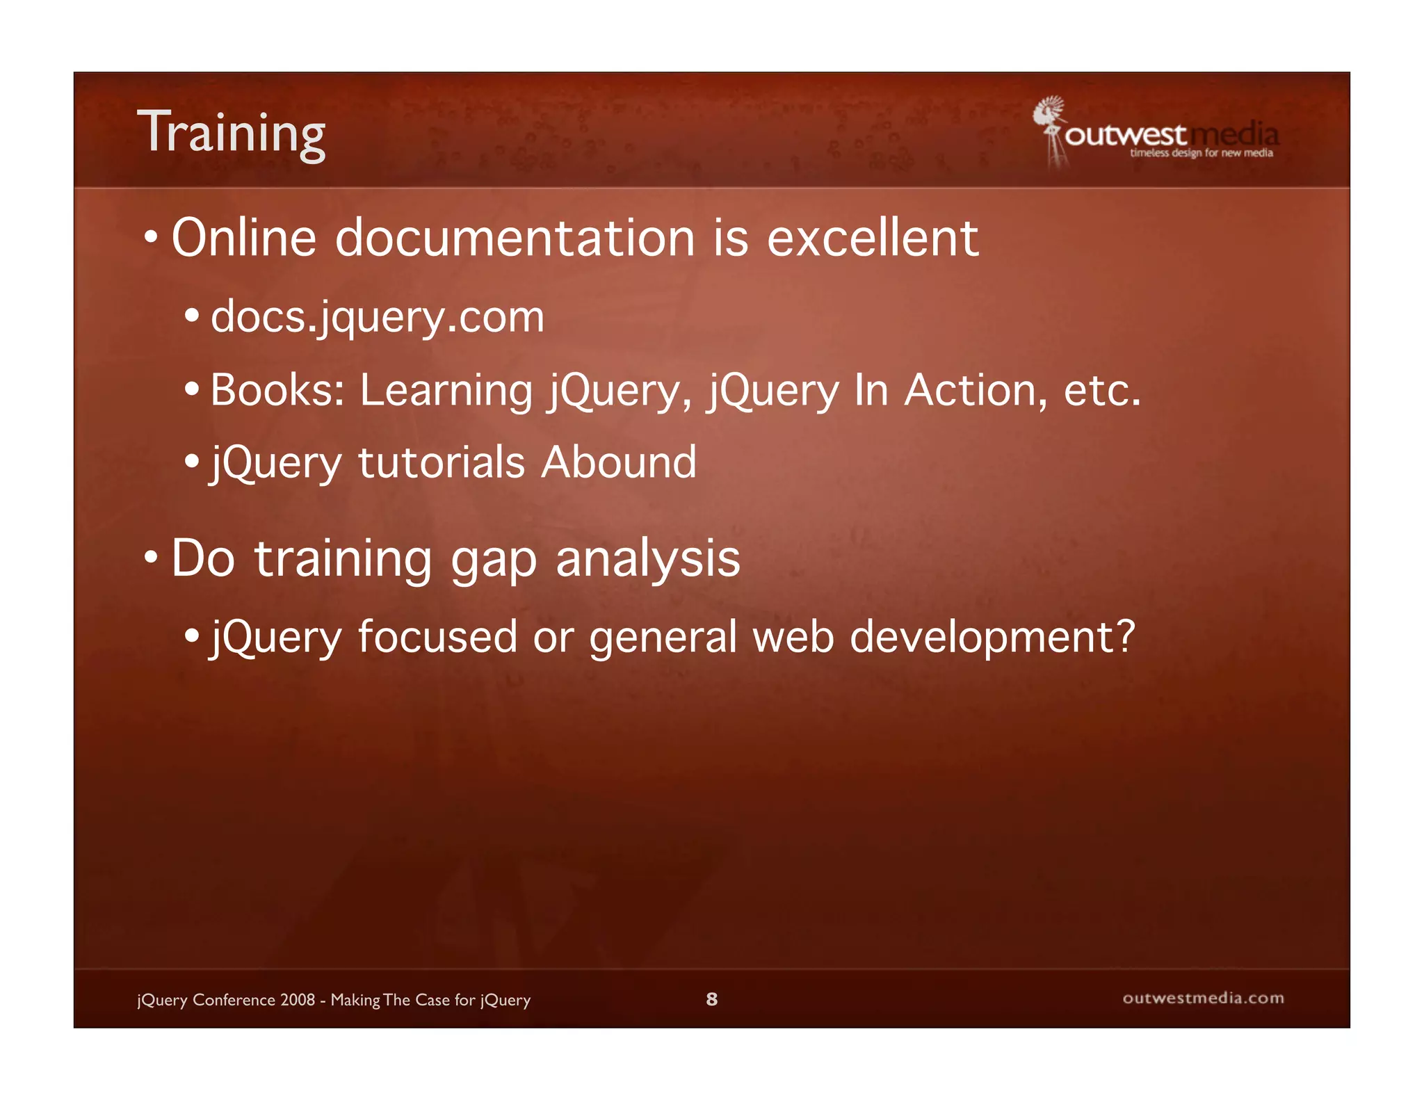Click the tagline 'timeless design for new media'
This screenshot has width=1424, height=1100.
pos(1201,153)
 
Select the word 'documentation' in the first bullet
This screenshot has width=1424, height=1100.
pos(515,238)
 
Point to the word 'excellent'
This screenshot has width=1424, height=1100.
pos(873,238)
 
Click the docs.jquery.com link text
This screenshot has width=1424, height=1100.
pos(378,318)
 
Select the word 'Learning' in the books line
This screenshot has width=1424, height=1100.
pos(446,391)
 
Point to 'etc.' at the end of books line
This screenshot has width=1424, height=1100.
pos(1102,391)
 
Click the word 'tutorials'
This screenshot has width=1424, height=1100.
pos(442,462)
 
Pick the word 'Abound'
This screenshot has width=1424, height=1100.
pos(619,462)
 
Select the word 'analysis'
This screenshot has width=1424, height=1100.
pos(648,559)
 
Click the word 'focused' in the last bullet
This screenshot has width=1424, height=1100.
pos(437,637)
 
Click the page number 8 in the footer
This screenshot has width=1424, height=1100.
pos(711,999)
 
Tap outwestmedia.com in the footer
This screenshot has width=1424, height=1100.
pos(1203,998)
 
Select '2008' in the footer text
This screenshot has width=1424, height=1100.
pos(298,1000)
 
